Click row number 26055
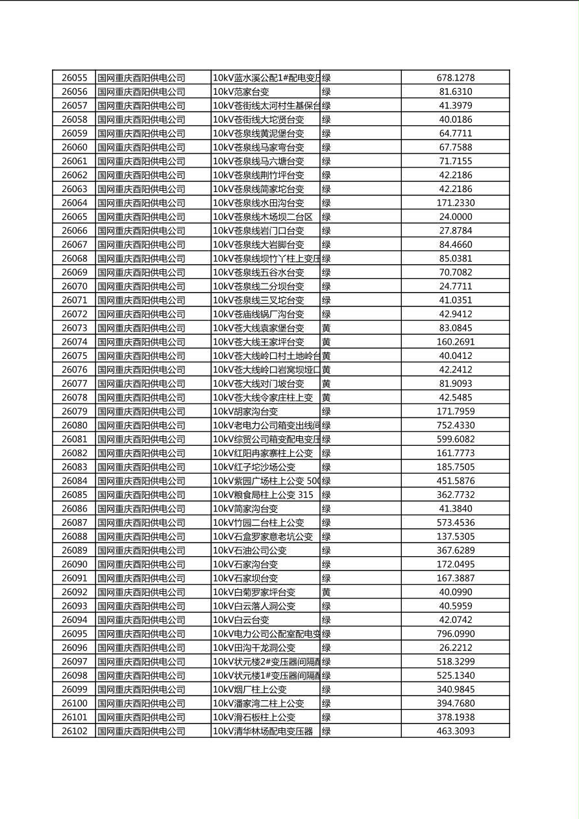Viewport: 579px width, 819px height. (x=74, y=78)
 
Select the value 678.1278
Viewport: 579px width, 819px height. (x=455, y=78)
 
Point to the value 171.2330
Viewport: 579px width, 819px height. (x=455, y=203)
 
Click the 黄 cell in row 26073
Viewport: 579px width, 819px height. (x=326, y=328)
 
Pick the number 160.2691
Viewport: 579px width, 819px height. (x=455, y=342)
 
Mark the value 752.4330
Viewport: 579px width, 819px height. (x=455, y=425)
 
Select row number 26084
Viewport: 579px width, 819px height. (x=74, y=481)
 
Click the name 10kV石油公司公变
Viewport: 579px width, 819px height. (x=249, y=550)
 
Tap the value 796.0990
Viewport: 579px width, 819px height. (x=455, y=633)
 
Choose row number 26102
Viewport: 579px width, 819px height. (x=74, y=731)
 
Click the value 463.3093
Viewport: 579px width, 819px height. (x=455, y=731)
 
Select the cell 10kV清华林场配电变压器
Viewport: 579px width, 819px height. (x=262, y=731)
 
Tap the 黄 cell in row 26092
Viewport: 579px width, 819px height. (x=326, y=592)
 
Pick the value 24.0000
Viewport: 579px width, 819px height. (x=455, y=217)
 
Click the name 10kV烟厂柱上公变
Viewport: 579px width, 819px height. (x=249, y=689)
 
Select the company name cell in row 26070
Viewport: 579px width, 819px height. (x=141, y=286)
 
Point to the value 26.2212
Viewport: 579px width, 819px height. (x=455, y=648)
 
